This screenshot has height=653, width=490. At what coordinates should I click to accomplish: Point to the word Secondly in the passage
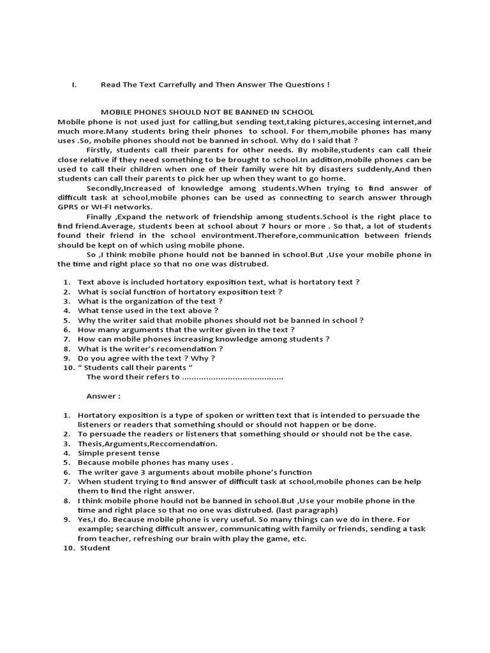pyautogui.click(x=105, y=188)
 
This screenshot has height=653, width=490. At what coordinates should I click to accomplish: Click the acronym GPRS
pyautogui.click(x=68, y=206)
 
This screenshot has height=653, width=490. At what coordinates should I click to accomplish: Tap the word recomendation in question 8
pyautogui.click(x=186, y=349)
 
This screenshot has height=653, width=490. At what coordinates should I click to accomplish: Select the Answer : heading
pyautogui.click(x=103, y=396)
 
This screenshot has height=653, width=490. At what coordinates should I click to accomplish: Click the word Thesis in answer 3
pyautogui.click(x=90, y=443)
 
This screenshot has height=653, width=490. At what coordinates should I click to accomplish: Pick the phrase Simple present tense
pyautogui.click(x=119, y=453)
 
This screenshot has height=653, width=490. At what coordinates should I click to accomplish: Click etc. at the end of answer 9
pyautogui.click(x=299, y=538)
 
